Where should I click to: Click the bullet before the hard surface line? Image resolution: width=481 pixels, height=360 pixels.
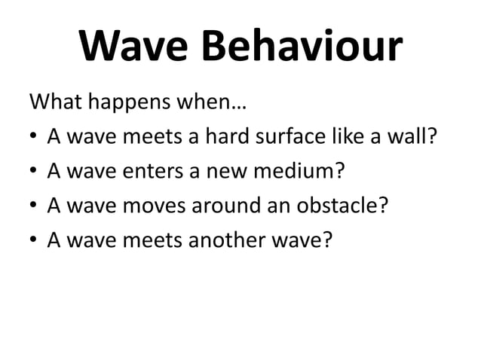coord(35,138)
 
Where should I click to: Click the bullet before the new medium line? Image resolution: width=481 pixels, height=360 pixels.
coord(35,171)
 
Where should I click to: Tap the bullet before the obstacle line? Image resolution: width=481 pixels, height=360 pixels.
coord(35,205)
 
